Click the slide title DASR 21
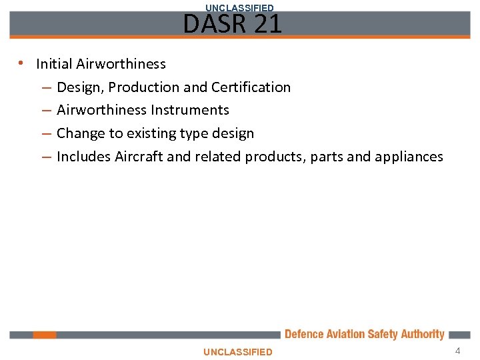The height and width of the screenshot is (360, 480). coord(233,25)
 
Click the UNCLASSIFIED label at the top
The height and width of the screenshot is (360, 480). coord(239,7)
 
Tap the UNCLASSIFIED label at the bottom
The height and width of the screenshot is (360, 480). coord(238,352)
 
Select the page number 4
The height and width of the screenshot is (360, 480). coord(457,351)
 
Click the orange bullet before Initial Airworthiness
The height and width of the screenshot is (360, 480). coord(22,64)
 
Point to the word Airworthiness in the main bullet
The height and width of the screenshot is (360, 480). coord(121,64)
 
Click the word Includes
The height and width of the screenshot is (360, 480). coord(84,157)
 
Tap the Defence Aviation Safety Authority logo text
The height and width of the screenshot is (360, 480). coord(364,335)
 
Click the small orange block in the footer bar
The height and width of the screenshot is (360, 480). coord(45,335)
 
